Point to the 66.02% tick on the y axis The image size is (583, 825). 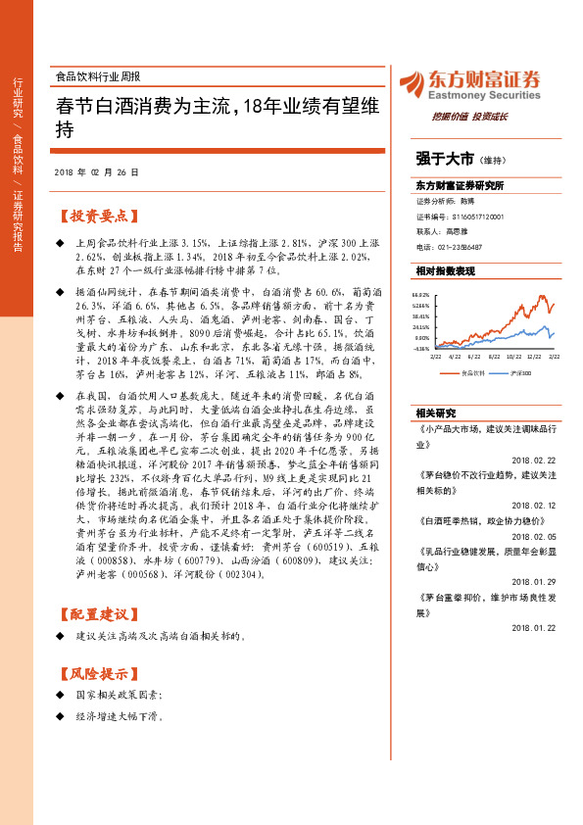421,294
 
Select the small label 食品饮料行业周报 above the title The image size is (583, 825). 98,75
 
